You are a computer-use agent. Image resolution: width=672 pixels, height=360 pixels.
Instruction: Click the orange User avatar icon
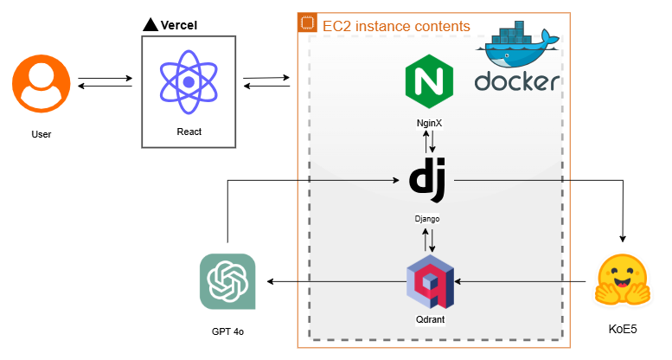click(x=41, y=83)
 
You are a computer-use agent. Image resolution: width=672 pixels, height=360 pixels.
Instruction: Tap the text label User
click(x=41, y=135)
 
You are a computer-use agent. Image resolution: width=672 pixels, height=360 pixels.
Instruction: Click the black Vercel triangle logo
click(x=150, y=24)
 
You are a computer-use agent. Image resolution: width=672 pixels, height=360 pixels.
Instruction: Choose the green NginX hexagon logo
click(x=430, y=80)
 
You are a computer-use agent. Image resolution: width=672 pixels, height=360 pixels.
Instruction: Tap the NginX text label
click(x=429, y=123)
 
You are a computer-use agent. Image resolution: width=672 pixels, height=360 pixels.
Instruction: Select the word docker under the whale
click(x=517, y=82)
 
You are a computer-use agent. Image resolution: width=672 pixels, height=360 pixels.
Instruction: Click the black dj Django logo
click(x=428, y=178)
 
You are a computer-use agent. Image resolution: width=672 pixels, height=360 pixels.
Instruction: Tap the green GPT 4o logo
click(x=227, y=281)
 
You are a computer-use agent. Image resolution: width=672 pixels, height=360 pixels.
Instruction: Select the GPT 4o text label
click(x=227, y=332)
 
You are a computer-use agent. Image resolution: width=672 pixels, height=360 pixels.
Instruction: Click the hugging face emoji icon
click(x=622, y=281)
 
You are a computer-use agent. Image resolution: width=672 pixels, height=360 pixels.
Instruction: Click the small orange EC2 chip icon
click(x=307, y=23)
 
